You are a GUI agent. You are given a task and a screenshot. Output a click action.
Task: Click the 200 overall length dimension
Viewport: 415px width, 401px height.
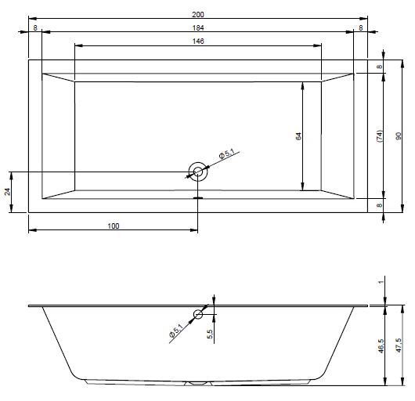pyautogui.click(x=198, y=15)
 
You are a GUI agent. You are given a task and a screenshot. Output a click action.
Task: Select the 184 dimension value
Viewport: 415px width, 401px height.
pyautogui.click(x=198, y=27)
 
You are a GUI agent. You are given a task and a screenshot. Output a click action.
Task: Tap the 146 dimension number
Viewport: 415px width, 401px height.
pyautogui.click(x=198, y=42)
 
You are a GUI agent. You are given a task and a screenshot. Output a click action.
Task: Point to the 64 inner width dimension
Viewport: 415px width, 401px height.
pyautogui.click(x=298, y=136)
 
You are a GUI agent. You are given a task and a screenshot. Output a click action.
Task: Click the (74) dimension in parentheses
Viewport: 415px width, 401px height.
pyautogui.click(x=379, y=136)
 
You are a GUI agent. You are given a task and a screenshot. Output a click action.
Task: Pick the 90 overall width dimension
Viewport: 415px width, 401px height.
pyautogui.click(x=398, y=136)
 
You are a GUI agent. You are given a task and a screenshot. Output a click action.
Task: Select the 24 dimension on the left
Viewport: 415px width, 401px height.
pyautogui.click(x=7, y=192)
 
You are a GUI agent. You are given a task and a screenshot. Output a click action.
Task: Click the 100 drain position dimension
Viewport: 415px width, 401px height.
pyautogui.click(x=114, y=226)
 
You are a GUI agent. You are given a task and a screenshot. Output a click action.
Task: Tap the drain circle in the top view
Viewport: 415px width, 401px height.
pyautogui.click(x=197, y=172)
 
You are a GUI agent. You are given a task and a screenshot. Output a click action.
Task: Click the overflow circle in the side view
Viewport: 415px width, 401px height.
pyautogui.click(x=198, y=314)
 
